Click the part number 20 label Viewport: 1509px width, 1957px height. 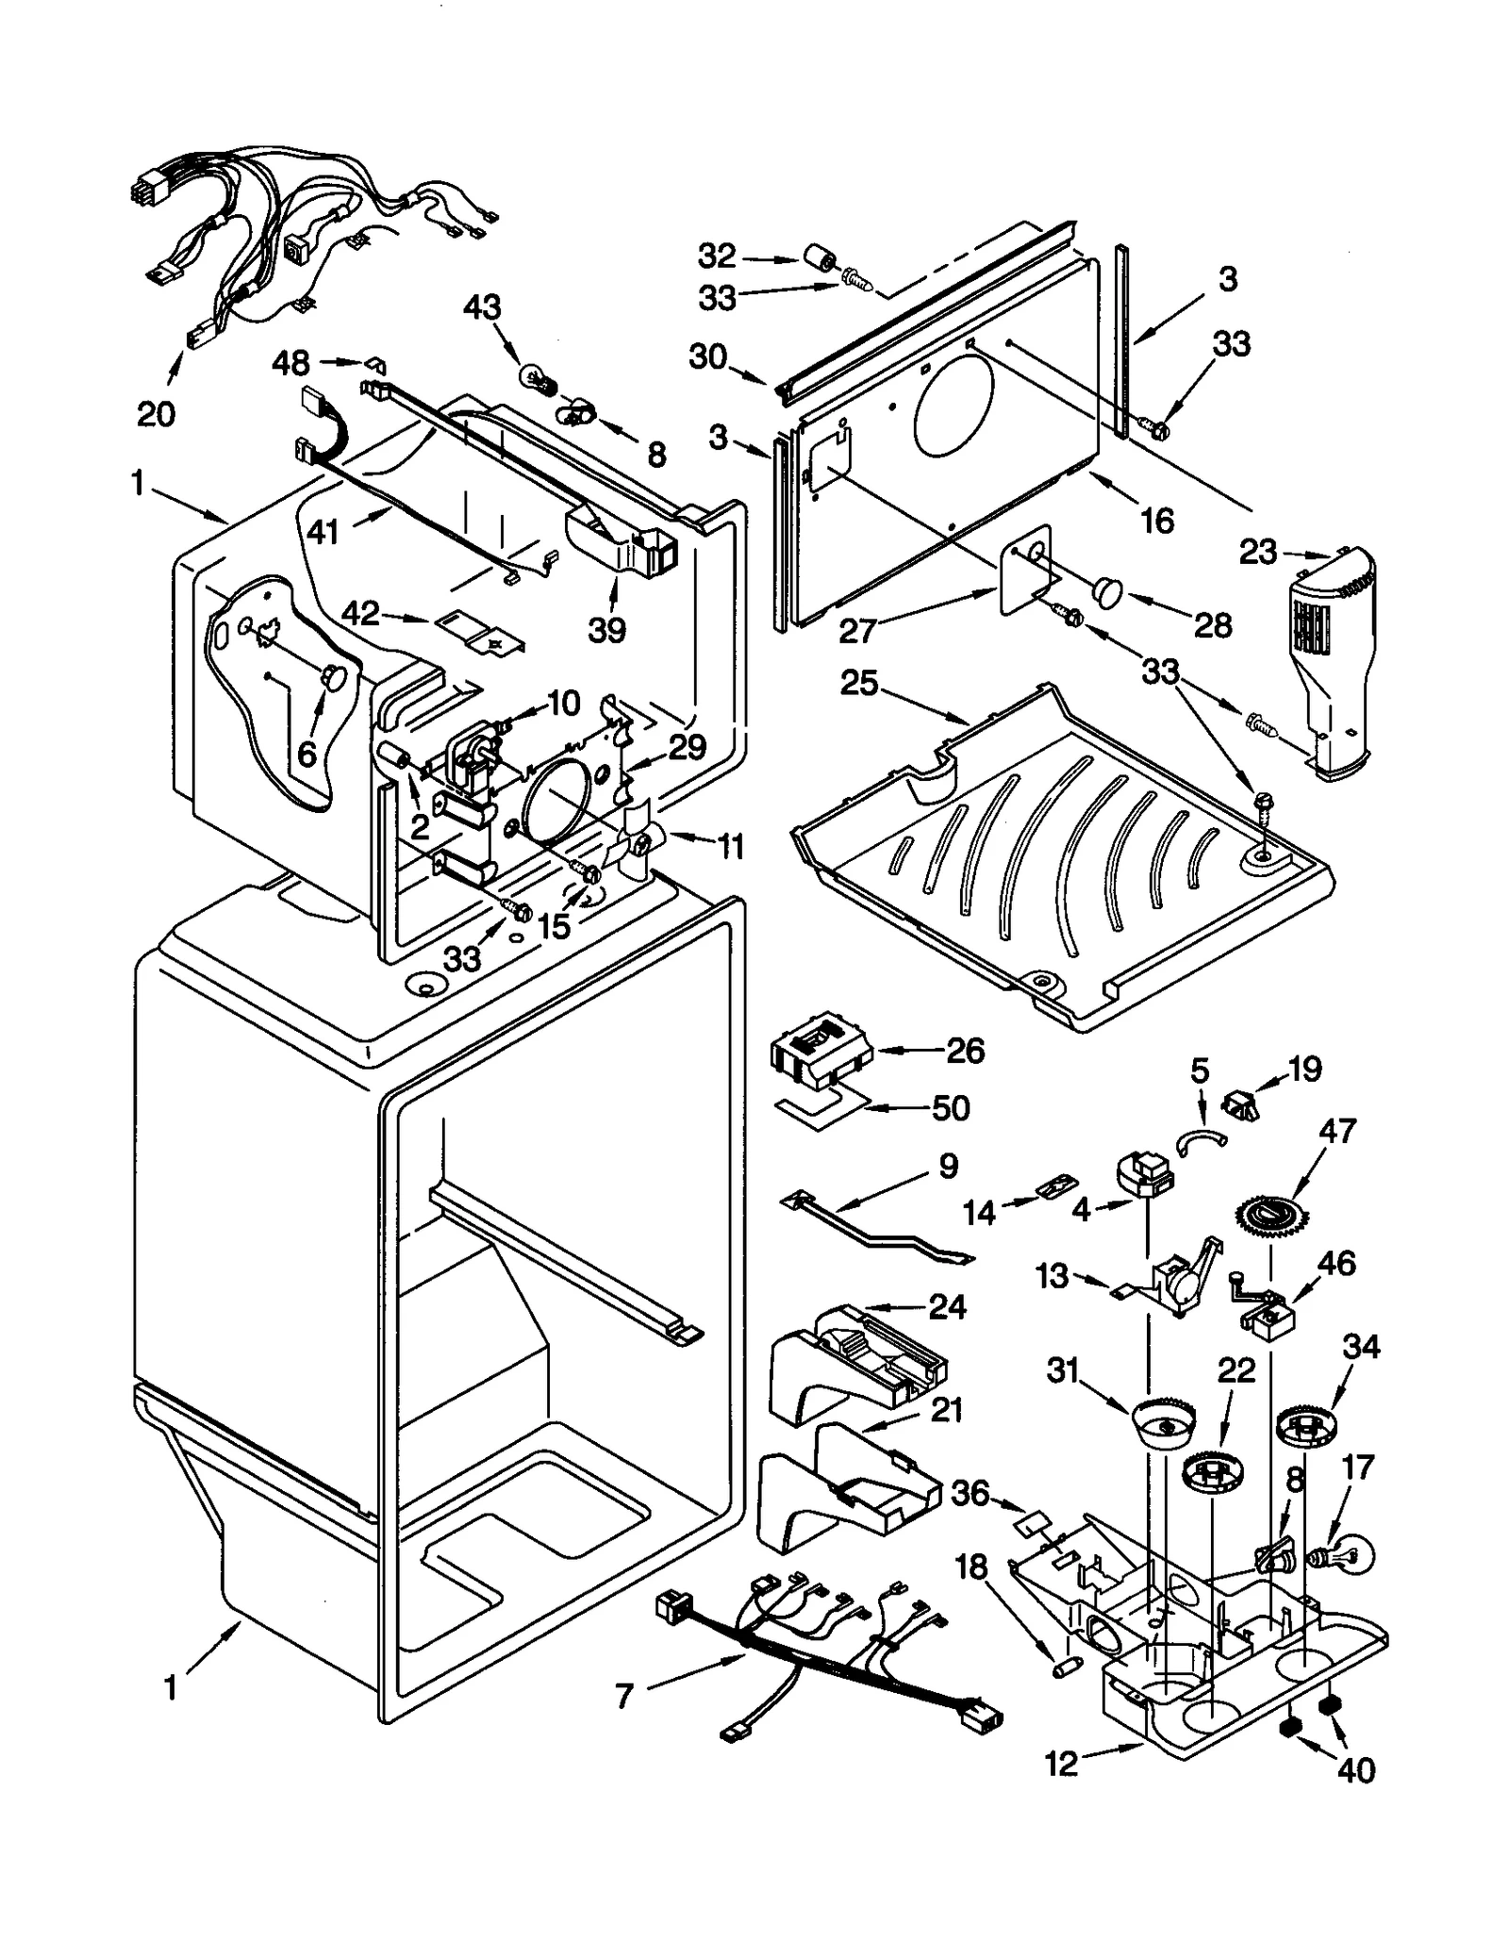pos(157,413)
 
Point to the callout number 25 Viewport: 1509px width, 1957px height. pos(859,683)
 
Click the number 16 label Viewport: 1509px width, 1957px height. pos(1156,520)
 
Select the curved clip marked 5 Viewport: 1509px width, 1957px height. pos(1202,1139)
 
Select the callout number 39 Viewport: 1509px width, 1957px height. pos(607,629)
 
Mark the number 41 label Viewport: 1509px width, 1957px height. pos(323,533)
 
